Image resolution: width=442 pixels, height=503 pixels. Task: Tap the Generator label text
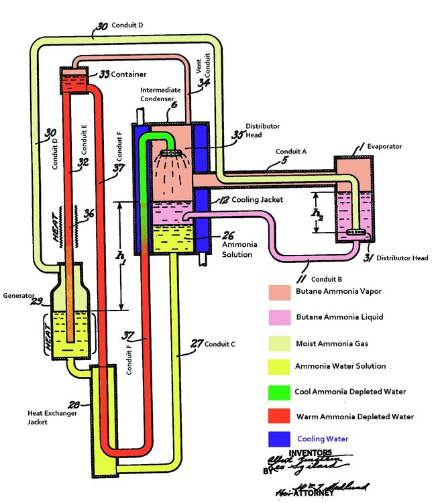(x=19, y=295)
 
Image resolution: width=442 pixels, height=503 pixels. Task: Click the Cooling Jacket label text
(x=254, y=200)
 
